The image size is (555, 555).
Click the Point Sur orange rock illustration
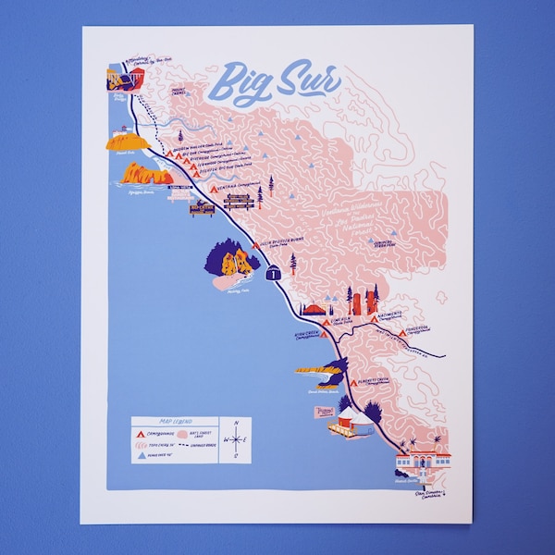127,141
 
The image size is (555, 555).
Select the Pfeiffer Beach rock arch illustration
146,173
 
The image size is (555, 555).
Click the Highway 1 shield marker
275,274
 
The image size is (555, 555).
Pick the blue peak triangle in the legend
140,457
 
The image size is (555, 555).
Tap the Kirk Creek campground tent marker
323,334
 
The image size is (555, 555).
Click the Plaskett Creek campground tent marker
354,382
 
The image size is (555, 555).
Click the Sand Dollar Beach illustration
316,370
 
